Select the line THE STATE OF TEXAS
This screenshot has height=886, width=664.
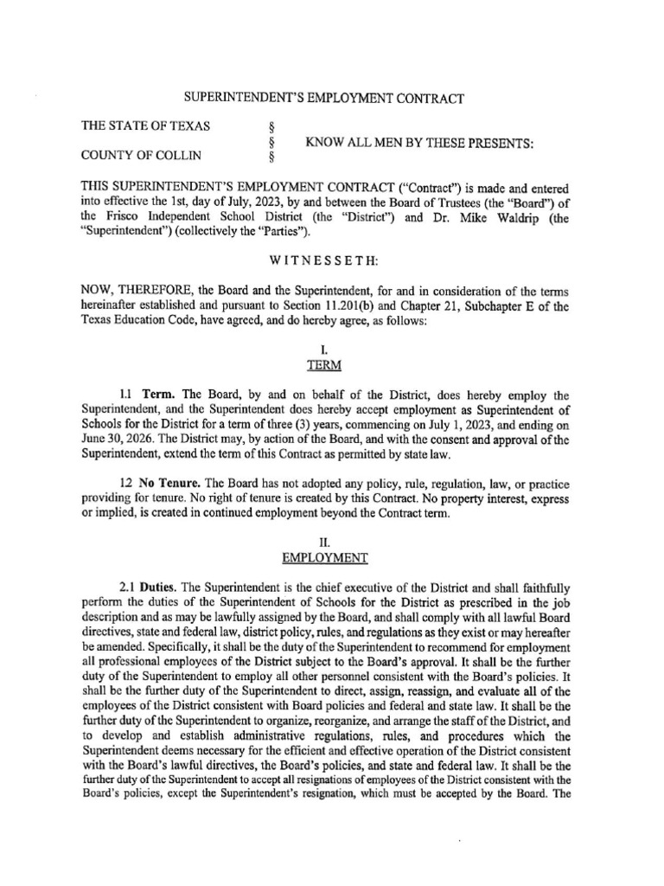pos(145,125)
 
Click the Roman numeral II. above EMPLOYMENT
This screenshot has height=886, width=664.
pos(332,542)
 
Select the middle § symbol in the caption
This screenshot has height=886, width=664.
pos(272,142)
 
